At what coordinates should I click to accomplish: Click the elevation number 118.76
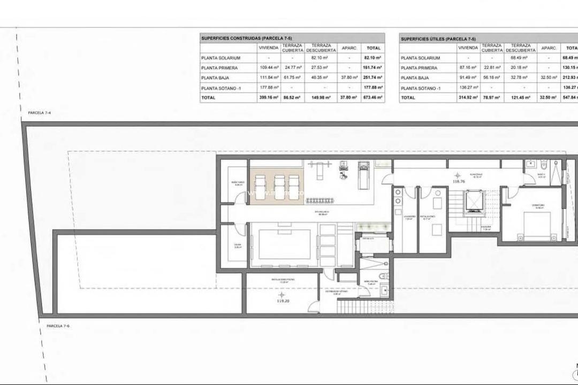458,181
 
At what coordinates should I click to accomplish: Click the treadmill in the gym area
363,176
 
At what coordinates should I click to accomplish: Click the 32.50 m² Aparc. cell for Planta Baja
549,78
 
